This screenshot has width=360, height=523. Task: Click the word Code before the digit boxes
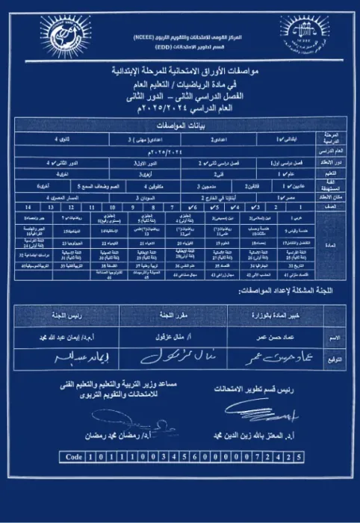click(x=73, y=455)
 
